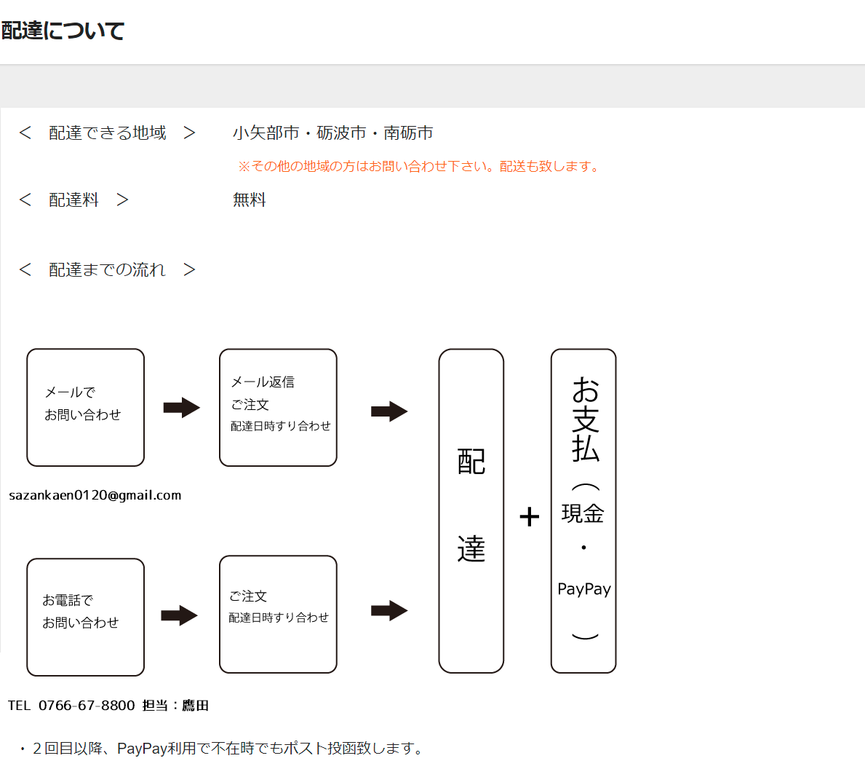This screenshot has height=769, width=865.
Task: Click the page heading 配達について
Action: click(x=63, y=31)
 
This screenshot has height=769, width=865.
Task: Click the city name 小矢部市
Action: click(x=266, y=133)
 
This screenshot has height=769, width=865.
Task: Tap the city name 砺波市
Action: click(x=341, y=133)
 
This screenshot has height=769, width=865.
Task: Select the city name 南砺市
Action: click(x=408, y=133)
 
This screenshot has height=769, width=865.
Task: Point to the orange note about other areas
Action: click(x=420, y=166)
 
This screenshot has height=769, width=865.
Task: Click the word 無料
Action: click(x=250, y=200)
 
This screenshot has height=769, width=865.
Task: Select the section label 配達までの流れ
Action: click(x=107, y=269)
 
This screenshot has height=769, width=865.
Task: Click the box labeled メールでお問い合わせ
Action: click(x=86, y=407)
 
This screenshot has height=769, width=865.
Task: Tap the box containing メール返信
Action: click(x=278, y=407)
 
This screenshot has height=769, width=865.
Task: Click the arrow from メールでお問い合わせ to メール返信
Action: click(x=181, y=408)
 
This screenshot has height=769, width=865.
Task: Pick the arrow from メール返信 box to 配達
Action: click(x=389, y=411)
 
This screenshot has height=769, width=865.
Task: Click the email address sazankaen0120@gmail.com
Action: click(x=95, y=495)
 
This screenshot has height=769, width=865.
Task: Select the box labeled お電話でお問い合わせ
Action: click(x=86, y=618)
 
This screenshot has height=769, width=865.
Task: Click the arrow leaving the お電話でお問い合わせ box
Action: click(x=179, y=615)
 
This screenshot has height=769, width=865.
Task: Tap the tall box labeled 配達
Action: click(x=471, y=510)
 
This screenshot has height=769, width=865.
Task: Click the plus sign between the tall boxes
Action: click(x=530, y=517)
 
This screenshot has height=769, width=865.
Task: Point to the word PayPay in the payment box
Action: click(x=584, y=589)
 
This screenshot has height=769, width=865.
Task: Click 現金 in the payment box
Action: click(x=583, y=513)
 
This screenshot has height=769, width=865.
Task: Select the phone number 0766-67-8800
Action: click(x=87, y=706)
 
